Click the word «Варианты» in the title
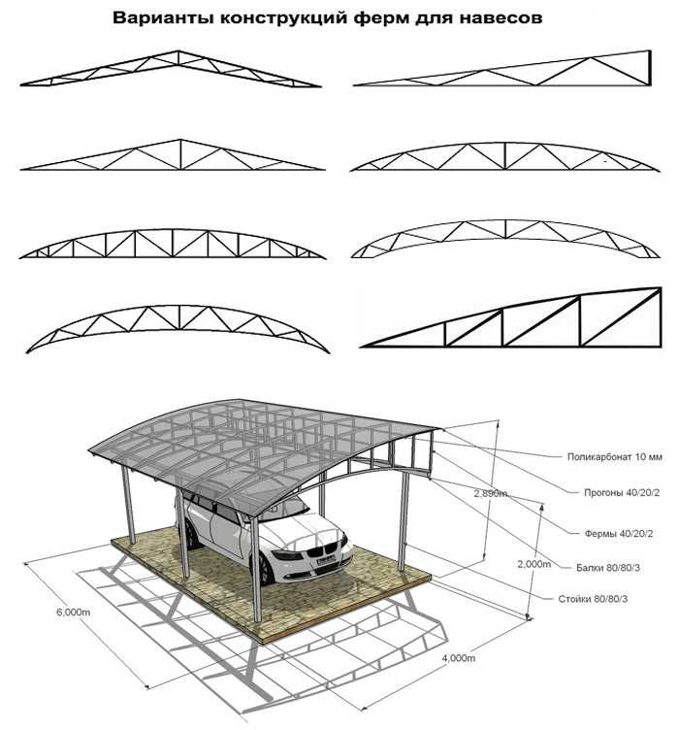[159, 18]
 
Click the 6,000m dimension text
[74, 613]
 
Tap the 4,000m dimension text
[458, 657]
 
